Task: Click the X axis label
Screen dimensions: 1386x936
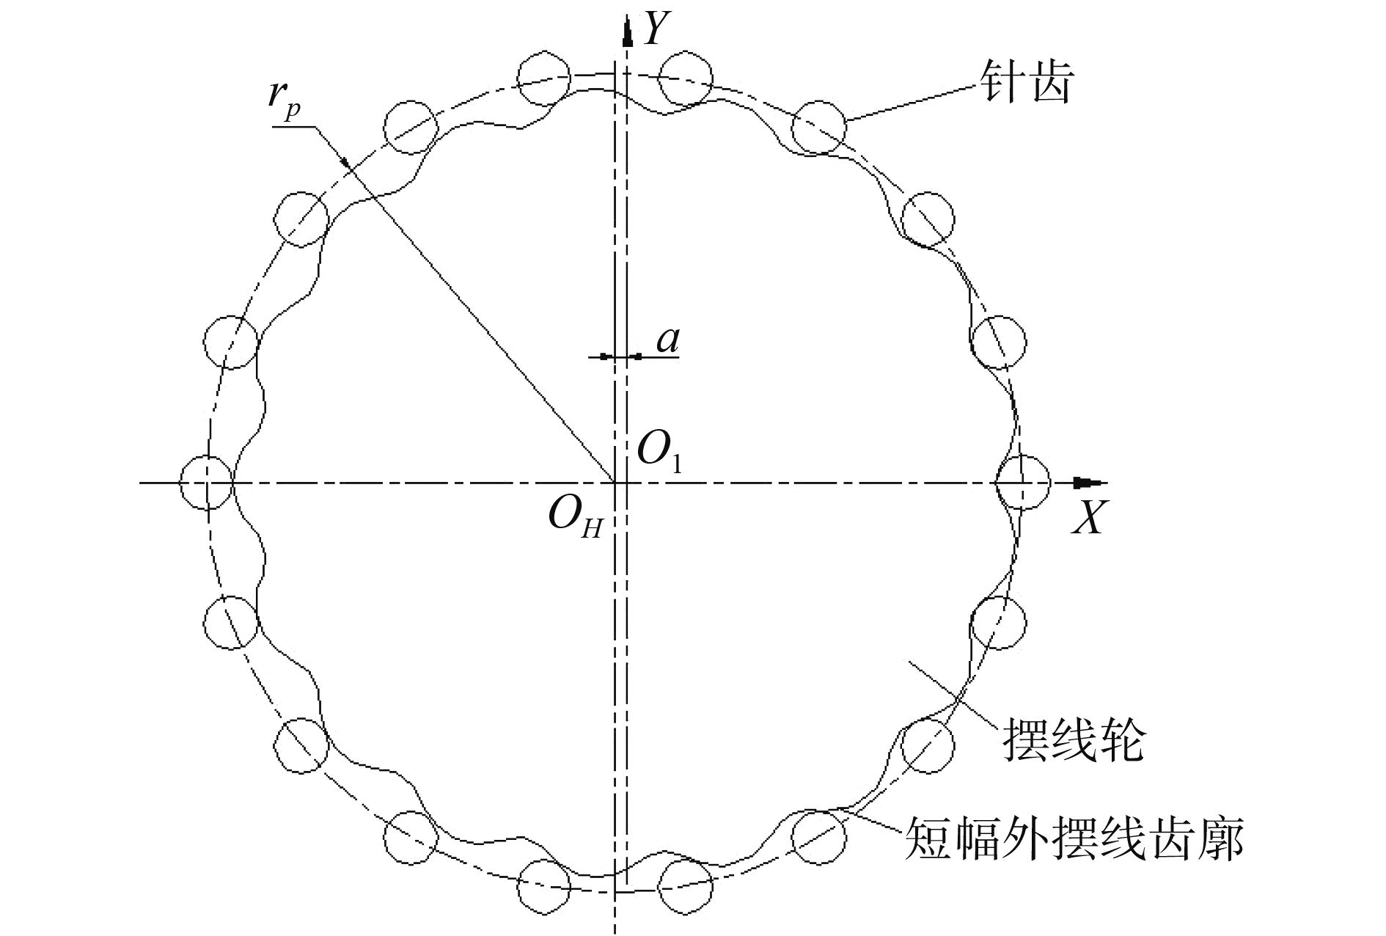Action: coord(1088,519)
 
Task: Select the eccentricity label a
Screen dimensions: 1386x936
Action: coord(668,340)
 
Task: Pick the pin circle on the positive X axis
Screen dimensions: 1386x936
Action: coord(1023,482)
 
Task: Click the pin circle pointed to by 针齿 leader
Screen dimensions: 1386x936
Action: coord(819,127)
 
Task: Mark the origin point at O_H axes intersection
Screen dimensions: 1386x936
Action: coord(615,483)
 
